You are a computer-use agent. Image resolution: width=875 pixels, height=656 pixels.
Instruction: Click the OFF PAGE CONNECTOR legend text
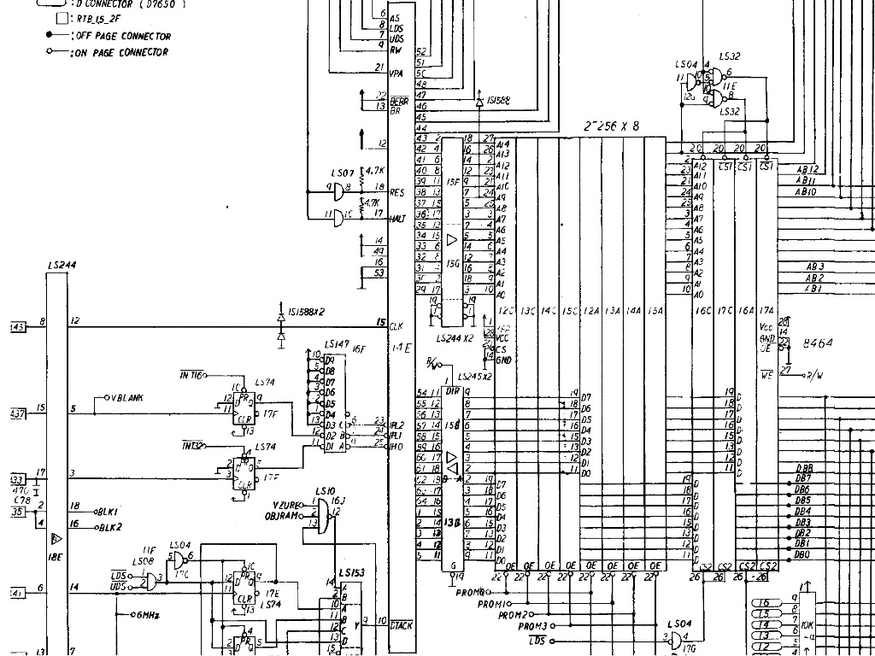tap(125, 36)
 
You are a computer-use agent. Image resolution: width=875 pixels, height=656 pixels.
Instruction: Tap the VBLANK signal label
tap(126, 398)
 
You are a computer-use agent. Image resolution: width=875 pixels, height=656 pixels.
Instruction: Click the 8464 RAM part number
tap(818, 342)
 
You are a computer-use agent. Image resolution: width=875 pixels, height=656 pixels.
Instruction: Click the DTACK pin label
tap(401, 625)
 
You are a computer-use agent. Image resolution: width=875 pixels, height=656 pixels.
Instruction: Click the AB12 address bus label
tap(807, 170)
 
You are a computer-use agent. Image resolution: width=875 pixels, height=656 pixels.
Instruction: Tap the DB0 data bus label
tap(802, 554)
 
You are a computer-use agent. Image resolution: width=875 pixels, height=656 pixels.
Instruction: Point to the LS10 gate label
tap(326, 491)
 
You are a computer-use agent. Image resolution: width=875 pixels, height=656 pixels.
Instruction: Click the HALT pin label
tap(397, 219)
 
